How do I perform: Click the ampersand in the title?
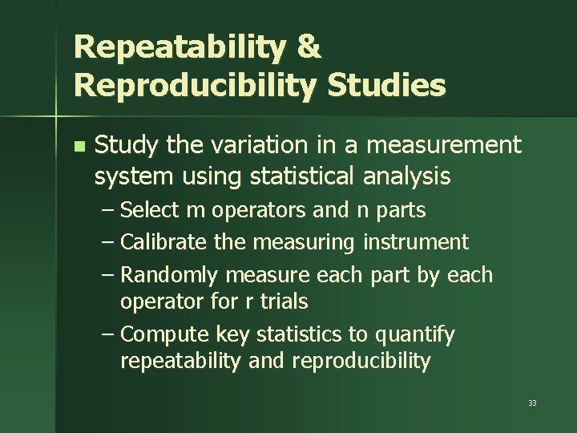[x=309, y=47]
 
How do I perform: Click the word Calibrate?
[x=165, y=241]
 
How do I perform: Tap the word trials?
[x=281, y=301]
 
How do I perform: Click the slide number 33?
[x=532, y=403]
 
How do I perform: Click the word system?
[x=123, y=176]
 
